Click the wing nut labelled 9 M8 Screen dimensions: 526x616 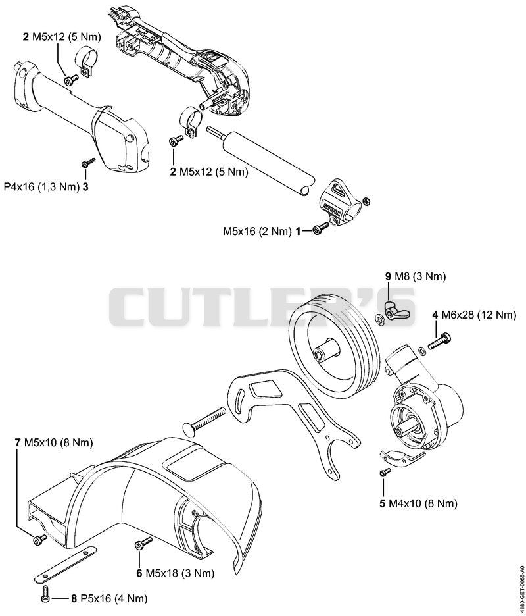pyautogui.click(x=394, y=309)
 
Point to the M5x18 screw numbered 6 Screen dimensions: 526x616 pyautogui.click(x=143, y=544)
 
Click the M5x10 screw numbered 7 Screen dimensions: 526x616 pyautogui.click(x=39, y=540)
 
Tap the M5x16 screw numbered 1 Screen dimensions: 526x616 pyautogui.click(x=321, y=228)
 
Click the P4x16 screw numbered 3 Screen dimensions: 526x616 pyautogui.click(x=89, y=162)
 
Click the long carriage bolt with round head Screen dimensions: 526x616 pyautogui.click(x=204, y=419)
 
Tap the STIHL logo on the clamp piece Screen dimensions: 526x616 pyautogui.click(x=331, y=207)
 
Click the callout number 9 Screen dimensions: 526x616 pyautogui.click(x=388, y=276)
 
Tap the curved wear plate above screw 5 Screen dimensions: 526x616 pyautogui.click(x=402, y=456)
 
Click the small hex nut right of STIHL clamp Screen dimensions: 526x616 pyautogui.click(x=365, y=201)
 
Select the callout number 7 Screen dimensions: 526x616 pyautogui.click(x=17, y=442)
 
